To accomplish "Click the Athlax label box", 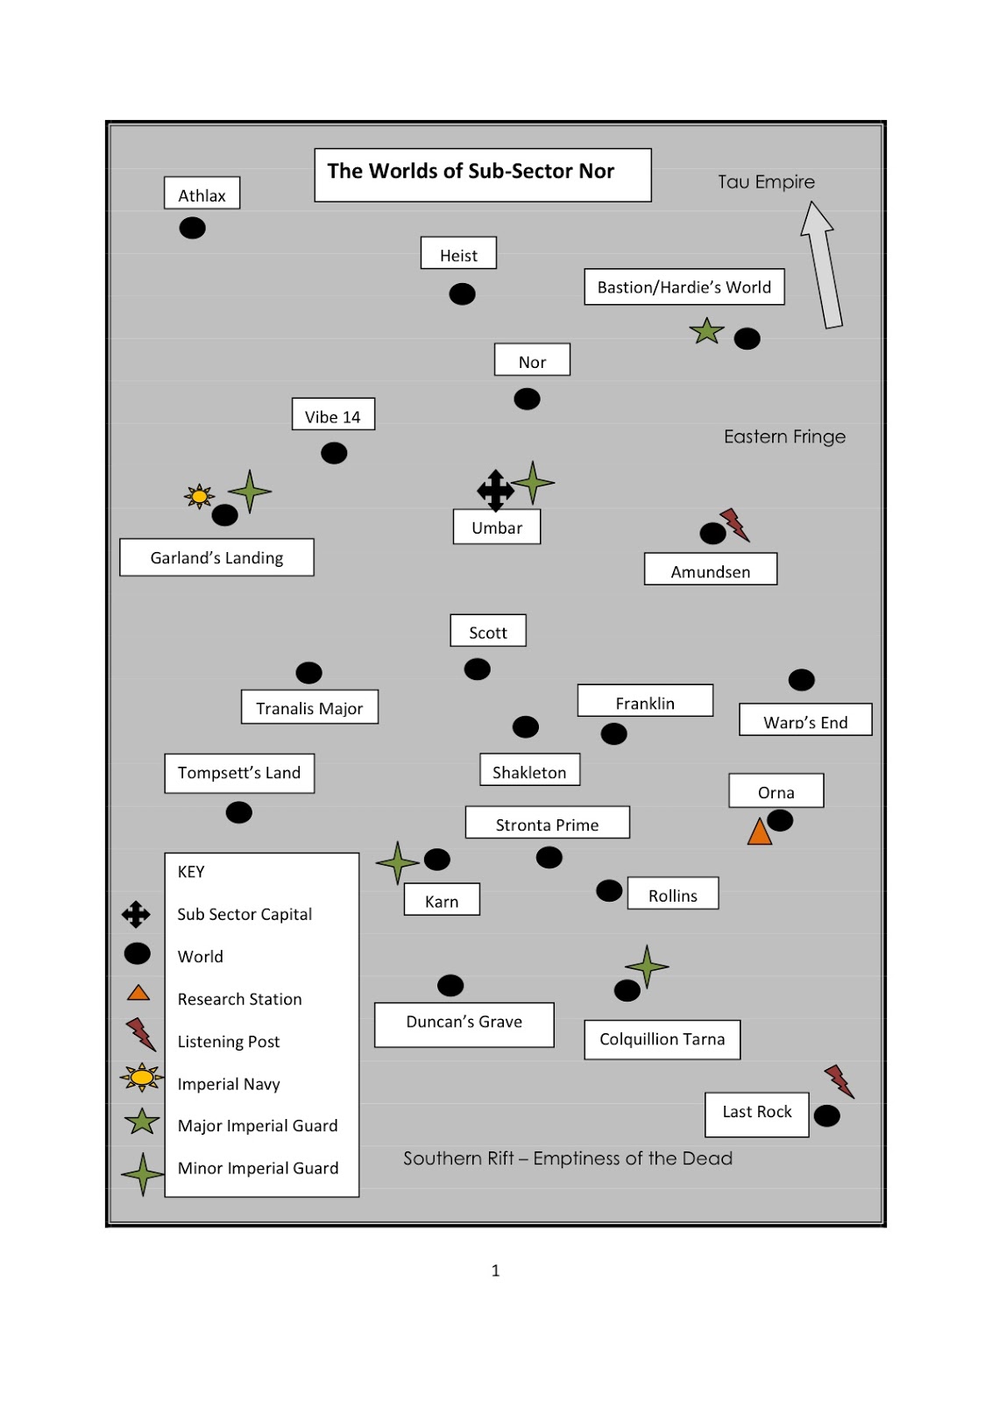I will click(202, 194).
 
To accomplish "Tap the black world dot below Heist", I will click(462, 294).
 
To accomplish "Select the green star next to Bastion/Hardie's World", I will click(706, 331).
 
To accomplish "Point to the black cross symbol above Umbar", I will click(495, 490).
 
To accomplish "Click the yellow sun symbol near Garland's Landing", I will click(200, 496).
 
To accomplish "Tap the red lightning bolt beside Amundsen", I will click(734, 524).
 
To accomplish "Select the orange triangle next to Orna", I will click(759, 832).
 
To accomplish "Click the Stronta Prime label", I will click(547, 824).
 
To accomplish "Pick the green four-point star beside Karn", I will click(398, 862).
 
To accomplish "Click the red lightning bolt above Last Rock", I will click(839, 1081).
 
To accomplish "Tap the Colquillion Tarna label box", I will click(662, 1039).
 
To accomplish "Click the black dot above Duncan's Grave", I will click(450, 986).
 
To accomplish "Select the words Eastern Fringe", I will click(784, 436).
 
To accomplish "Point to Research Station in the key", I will click(239, 999).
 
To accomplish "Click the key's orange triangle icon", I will click(138, 994).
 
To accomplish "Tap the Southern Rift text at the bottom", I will click(567, 1158).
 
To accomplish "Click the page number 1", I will click(495, 1271).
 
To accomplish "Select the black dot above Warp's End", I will click(801, 680).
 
